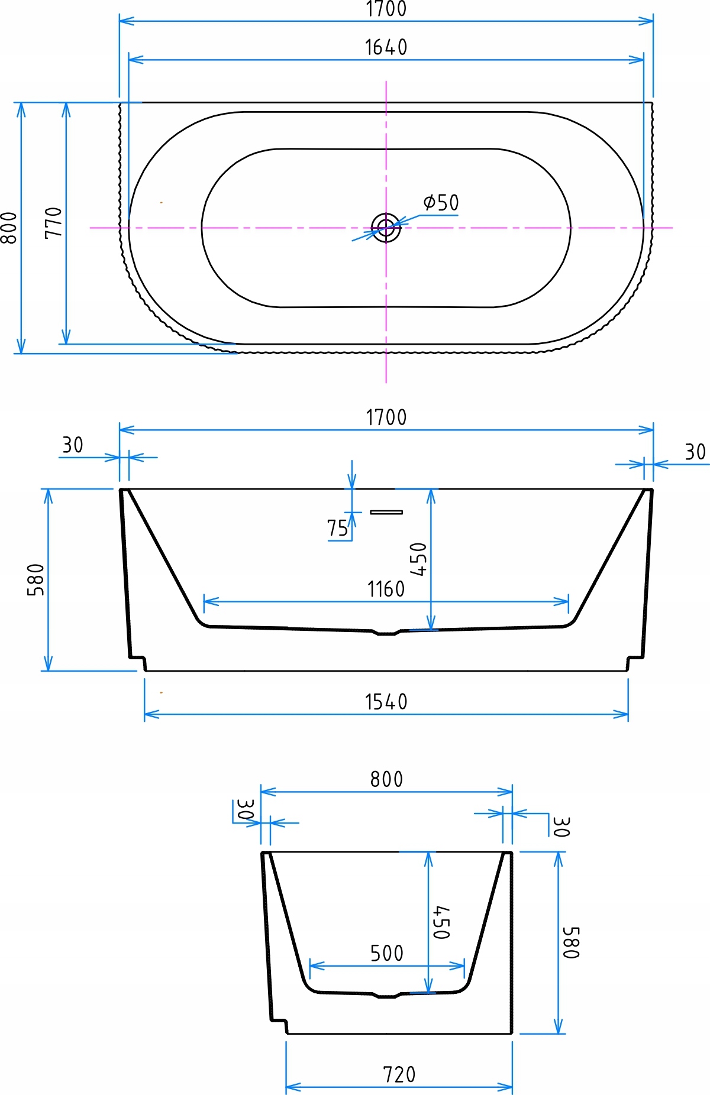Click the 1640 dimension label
pyautogui.click(x=386, y=47)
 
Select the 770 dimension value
pyautogui.click(x=53, y=222)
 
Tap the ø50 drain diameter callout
pyautogui.click(x=441, y=202)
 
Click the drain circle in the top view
pyautogui.click(x=386, y=227)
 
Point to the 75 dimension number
pyautogui.click(x=337, y=528)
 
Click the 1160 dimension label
pyautogui.click(x=386, y=589)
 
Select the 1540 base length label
pyautogui.click(x=386, y=702)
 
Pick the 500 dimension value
pyautogui.click(x=386, y=953)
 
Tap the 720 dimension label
pyautogui.click(x=399, y=1074)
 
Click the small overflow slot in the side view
pyautogui.click(x=386, y=512)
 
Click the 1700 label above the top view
pyautogui.click(x=386, y=9)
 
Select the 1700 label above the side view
pyautogui.click(x=386, y=417)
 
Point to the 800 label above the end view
pyautogui.click(x=386, y=779)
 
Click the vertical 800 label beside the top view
pyautogui.click(x=9, y=228)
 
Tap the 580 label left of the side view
pyautogui.click(x=36, y=579)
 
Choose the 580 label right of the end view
pyautogui.click(x=571, y=942)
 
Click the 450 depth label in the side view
pyautogui.click(x=418, y=559)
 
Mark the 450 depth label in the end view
pyautogui.click(x=441, y=922)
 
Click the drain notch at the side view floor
pyautogui.click(x=386, y=633)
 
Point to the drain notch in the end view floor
pyautogui.click(x=386, y=996)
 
